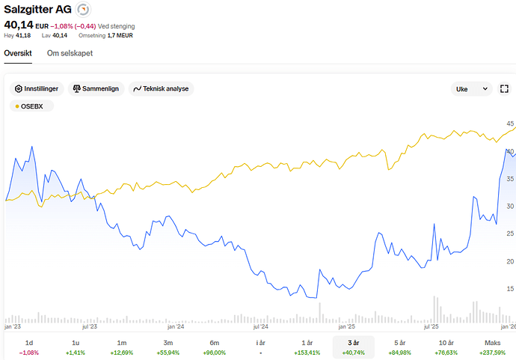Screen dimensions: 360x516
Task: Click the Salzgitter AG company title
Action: coord(37,9)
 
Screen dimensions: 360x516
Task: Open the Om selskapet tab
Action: coord(70,53)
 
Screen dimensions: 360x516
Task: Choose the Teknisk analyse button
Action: coord(162,88)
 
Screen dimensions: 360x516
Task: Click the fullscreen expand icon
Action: coord(504,88)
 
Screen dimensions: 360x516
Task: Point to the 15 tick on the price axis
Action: coord(510,289)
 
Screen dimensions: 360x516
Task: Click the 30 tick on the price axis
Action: coord(510,206)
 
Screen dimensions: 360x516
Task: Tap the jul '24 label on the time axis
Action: coord(261,326)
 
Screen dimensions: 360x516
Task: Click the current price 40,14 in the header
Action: coord(19,25)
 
